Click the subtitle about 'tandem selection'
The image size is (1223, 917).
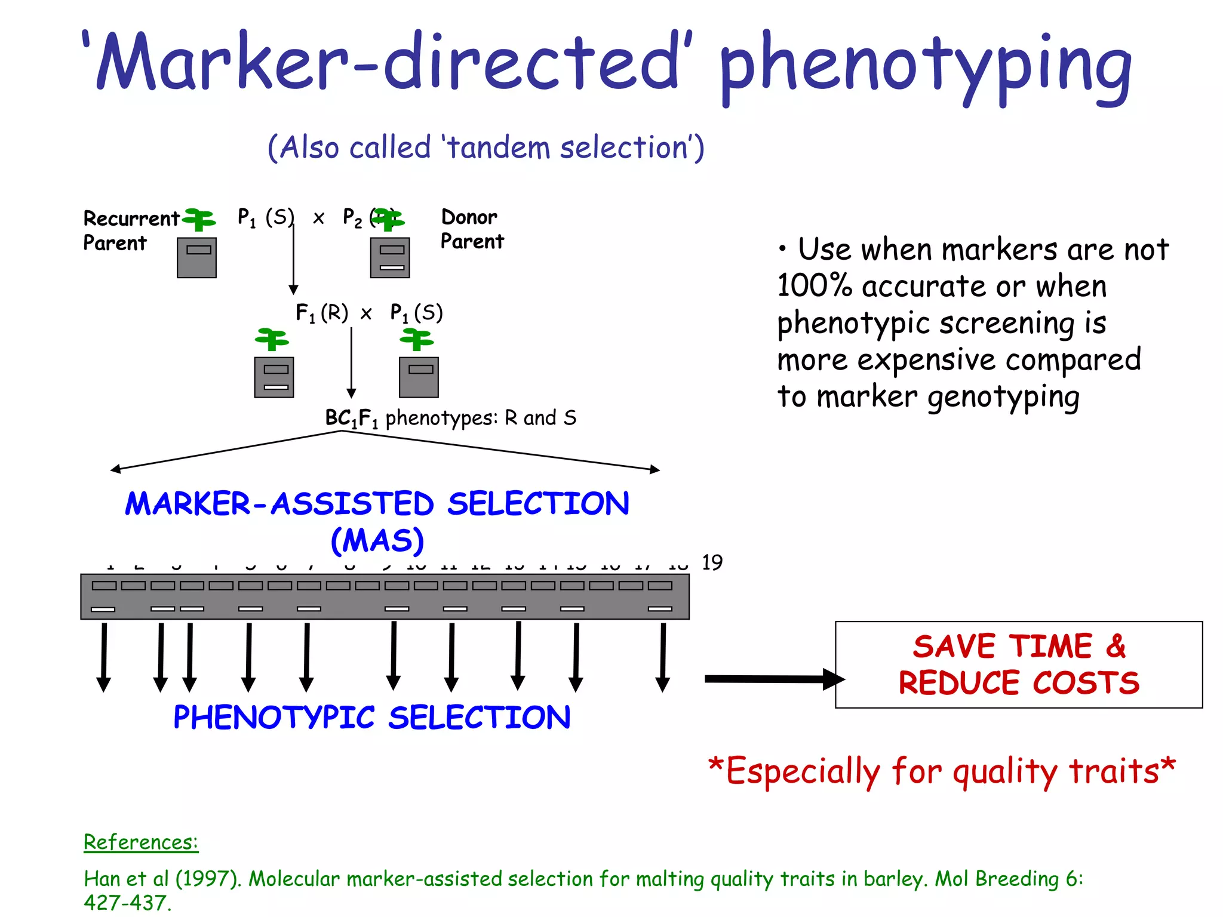(x=485, y=147)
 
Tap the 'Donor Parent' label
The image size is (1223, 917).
(x=472, y=229)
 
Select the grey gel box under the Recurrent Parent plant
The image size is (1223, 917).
(x=196, y=258)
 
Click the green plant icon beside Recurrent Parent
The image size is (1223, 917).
(x=199, y=219)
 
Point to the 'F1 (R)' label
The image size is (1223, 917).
(x=321, y=313)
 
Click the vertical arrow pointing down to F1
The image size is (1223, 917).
(x=293, y=257)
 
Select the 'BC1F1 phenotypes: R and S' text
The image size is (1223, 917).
(x=451, y=418)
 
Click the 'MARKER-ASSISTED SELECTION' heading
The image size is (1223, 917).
(x=377, y=503)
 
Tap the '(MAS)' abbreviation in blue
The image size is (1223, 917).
(x=377, y=540)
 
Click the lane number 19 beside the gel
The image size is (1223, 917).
(x=712, y=562)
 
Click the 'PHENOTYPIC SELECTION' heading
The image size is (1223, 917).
(x=371, y=717)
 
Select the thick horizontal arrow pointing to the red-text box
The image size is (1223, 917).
(x=773, y=679)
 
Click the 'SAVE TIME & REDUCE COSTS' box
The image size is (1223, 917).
(x=1018, y=664)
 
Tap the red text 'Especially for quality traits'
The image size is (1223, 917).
(x=941, y=771)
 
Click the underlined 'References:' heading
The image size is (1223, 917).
(x=141, y=842)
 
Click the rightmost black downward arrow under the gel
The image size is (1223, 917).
(x=663, y=657)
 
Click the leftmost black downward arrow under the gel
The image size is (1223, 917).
(x=104, y=657)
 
